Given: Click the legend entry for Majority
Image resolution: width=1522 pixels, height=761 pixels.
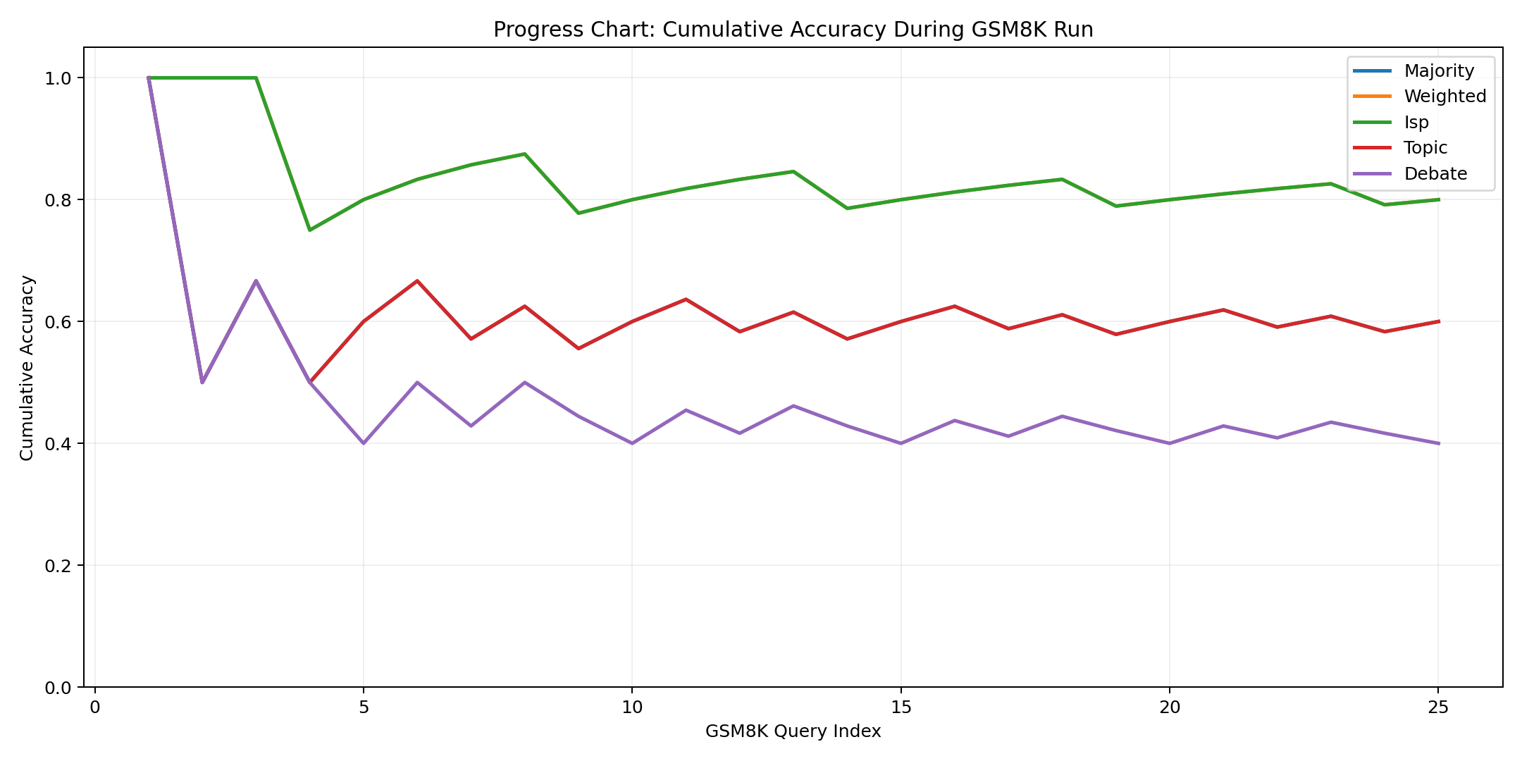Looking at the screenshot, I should tap(1438, 71).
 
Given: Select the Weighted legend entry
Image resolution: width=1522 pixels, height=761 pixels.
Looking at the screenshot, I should tap(1444, 97).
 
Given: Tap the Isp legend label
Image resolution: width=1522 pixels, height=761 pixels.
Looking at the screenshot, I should tap(1416, 123).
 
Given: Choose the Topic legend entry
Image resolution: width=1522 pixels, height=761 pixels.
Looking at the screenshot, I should tap(1425, 148).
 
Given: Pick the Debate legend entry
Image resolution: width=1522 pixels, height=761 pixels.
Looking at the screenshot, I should tap(1435, 174).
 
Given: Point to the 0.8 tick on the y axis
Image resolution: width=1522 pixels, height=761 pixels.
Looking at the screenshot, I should tap(63, 200).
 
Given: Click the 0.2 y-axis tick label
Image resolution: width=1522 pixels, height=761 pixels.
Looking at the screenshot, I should tap(63, 566).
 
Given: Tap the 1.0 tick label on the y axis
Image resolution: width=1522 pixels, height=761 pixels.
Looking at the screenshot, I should tap(63, 78).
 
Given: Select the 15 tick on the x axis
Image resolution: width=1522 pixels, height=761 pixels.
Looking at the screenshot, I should tap(901, 707).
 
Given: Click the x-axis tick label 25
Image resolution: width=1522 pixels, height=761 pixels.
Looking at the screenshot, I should tap(1438, 707).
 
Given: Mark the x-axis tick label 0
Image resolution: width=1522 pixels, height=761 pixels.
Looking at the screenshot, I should tap(95, 707).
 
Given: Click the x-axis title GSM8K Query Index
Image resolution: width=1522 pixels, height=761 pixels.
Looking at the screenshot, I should tap(793, 731).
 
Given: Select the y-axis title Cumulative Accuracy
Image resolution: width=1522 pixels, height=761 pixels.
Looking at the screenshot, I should tap(27, 368).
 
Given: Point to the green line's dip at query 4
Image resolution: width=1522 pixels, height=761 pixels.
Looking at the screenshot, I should tap(310, 230).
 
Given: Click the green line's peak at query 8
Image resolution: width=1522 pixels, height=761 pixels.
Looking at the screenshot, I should tap(525, 154).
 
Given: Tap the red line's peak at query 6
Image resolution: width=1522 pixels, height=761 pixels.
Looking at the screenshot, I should tap(417, 281).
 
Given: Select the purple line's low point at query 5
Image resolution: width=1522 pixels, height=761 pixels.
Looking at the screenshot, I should tap(364, 443).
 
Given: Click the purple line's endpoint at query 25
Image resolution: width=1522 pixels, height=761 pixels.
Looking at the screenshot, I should tap(1438, 443).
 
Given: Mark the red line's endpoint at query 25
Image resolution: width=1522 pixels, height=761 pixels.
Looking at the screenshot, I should tap(1438, 321).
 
